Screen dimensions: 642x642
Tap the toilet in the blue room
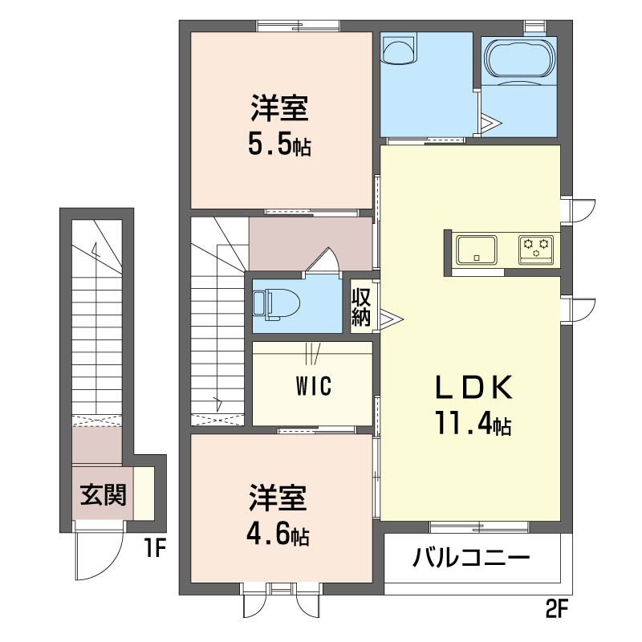pyautogui.click(x=276, y=304)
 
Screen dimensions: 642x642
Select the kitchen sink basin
pyautogui.click(x=477, y=250)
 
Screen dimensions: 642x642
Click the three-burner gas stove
pyautogui.click(x=536, y=249)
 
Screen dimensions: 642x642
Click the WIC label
pyautogui.click(x=314, y=386)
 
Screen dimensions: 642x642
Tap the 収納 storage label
pyautogui.click(x=361, y=307)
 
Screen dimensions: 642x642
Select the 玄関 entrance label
pyautogui.click(x=103, y=495)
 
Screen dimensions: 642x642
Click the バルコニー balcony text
pyautogui.click(x=471, y=558)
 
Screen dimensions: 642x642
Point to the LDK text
pyautogui.click(x=473, y=388)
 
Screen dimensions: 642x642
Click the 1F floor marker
pyautogui.click(x=155, y=548)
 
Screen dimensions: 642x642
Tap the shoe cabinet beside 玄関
pyautogui.click(x=144, y=494)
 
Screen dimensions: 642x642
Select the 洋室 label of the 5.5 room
pyautogui.click(x=279, y=108)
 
